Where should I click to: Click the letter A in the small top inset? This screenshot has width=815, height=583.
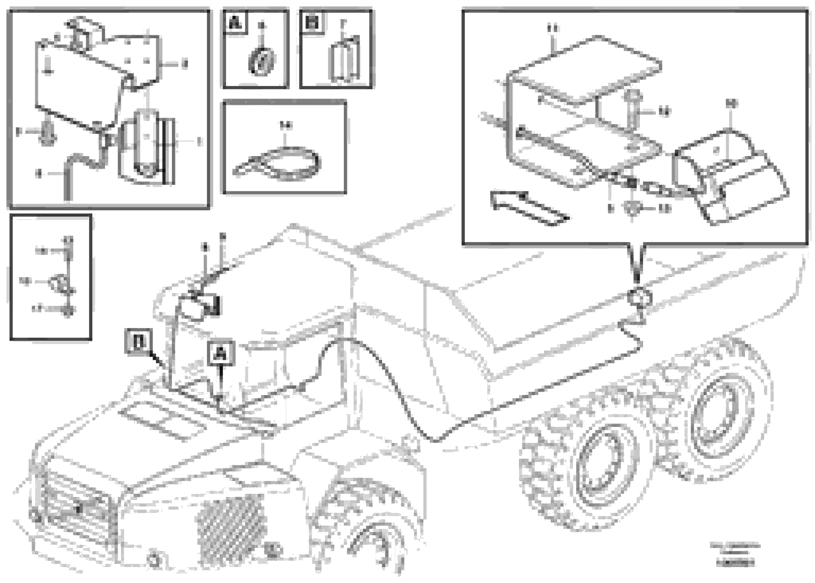(235, 23)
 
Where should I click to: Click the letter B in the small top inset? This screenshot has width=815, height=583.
(312, 23)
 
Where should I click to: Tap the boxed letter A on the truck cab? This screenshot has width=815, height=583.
(222, 354)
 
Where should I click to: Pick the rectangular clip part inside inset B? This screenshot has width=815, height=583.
(343, 61)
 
